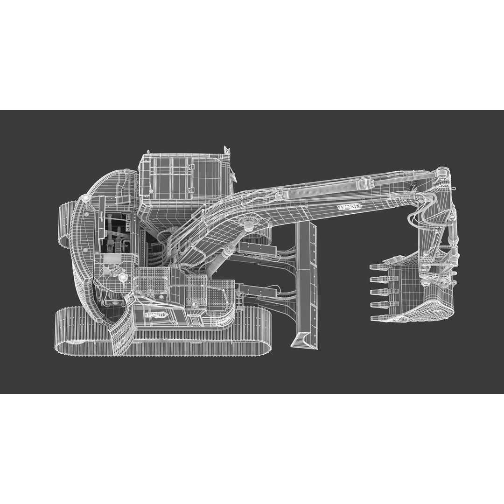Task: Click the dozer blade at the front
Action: pos(306,280)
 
